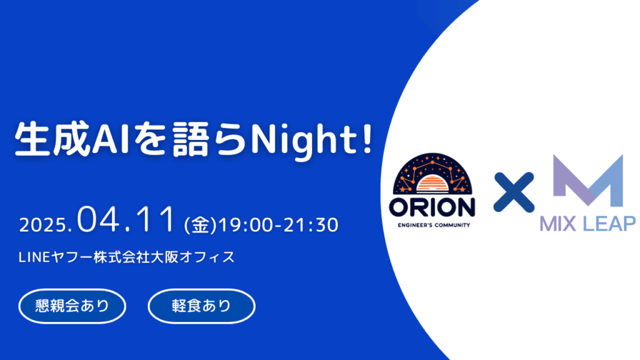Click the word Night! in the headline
tap(311, 139)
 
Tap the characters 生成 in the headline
tap(52, 139)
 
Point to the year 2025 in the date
tap(43, 225)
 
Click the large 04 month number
tap(99, 220)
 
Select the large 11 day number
tap(155, 220)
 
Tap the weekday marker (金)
tap(201, 225)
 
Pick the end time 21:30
tap(311, 225)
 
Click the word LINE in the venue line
tap(34, 257)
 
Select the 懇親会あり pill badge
tap(72, 306)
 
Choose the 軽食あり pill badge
tap(202, 306)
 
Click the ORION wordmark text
tap(432, 207)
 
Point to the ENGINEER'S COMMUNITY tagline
tap(434, 225)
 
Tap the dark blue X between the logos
tap(514, 192)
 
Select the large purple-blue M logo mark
tap(588, 180)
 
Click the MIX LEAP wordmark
tap(587, 224)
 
